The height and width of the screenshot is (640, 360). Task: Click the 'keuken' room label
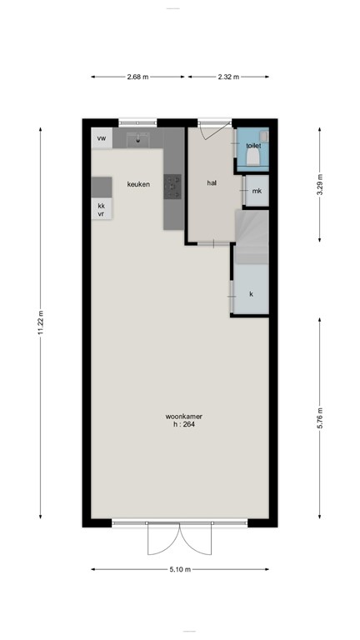coord(138,184)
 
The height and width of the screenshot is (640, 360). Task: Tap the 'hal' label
coord(212,183)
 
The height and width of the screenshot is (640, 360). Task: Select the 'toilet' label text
coord(253,146)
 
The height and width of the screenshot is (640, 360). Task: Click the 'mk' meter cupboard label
coord(257,191)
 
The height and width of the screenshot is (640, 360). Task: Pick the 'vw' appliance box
coord(102,138)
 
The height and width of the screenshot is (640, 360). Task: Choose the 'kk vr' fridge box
coord(102,209)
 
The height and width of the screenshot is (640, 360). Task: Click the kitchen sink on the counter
coord(137,139)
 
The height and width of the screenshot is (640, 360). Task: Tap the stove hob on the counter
coord(172,187)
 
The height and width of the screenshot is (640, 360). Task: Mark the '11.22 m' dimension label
coord(40,325)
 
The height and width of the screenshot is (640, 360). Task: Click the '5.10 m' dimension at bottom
coord(180,570)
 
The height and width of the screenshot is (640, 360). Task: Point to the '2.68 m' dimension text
coord(137,77)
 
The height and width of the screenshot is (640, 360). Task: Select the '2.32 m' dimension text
coord(227,77)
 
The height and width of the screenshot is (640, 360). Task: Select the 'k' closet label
coord(251,294)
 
